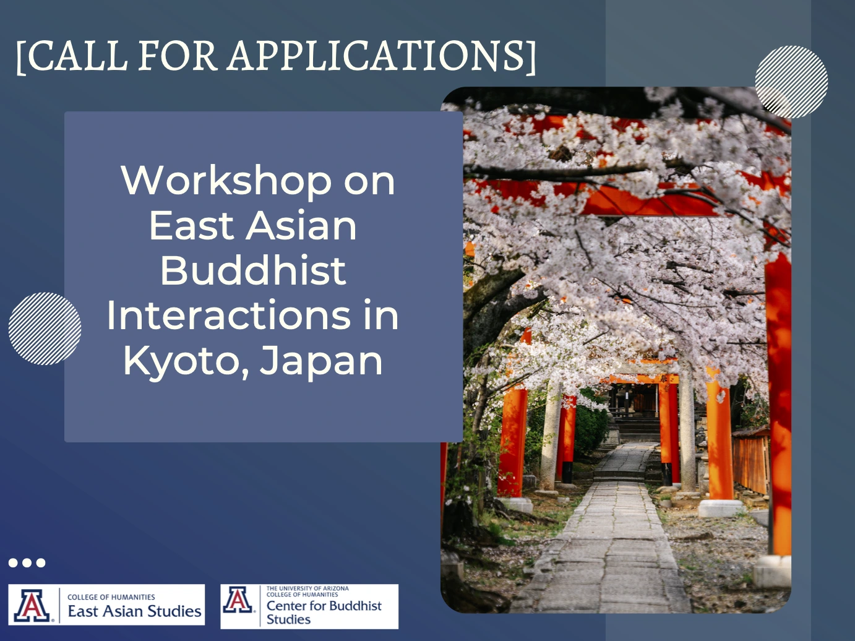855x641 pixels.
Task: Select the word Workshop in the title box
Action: pyautogui.click(x=226, y=181)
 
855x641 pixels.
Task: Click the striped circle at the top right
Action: pyautogui.click(x=791, y=82)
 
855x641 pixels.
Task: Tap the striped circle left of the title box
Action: pyautogui.click(x=45, y=329)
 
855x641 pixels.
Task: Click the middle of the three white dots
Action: pyautogui.click(x=27, y=562)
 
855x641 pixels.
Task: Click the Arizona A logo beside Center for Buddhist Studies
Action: pyautogui.click(x=238, y=600)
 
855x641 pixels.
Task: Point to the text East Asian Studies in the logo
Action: pyautogui.click(x=134, y=611)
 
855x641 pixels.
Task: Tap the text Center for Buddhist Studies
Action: pyautogui.click(x=324, y=613)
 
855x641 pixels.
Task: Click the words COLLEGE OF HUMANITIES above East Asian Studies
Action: pyautogui.click(x=111, y=597)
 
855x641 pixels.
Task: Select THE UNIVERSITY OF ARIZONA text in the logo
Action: pyautogui.click(x=307, y=588)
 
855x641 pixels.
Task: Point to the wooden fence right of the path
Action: pyautogui.click(x=750, y=462)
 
